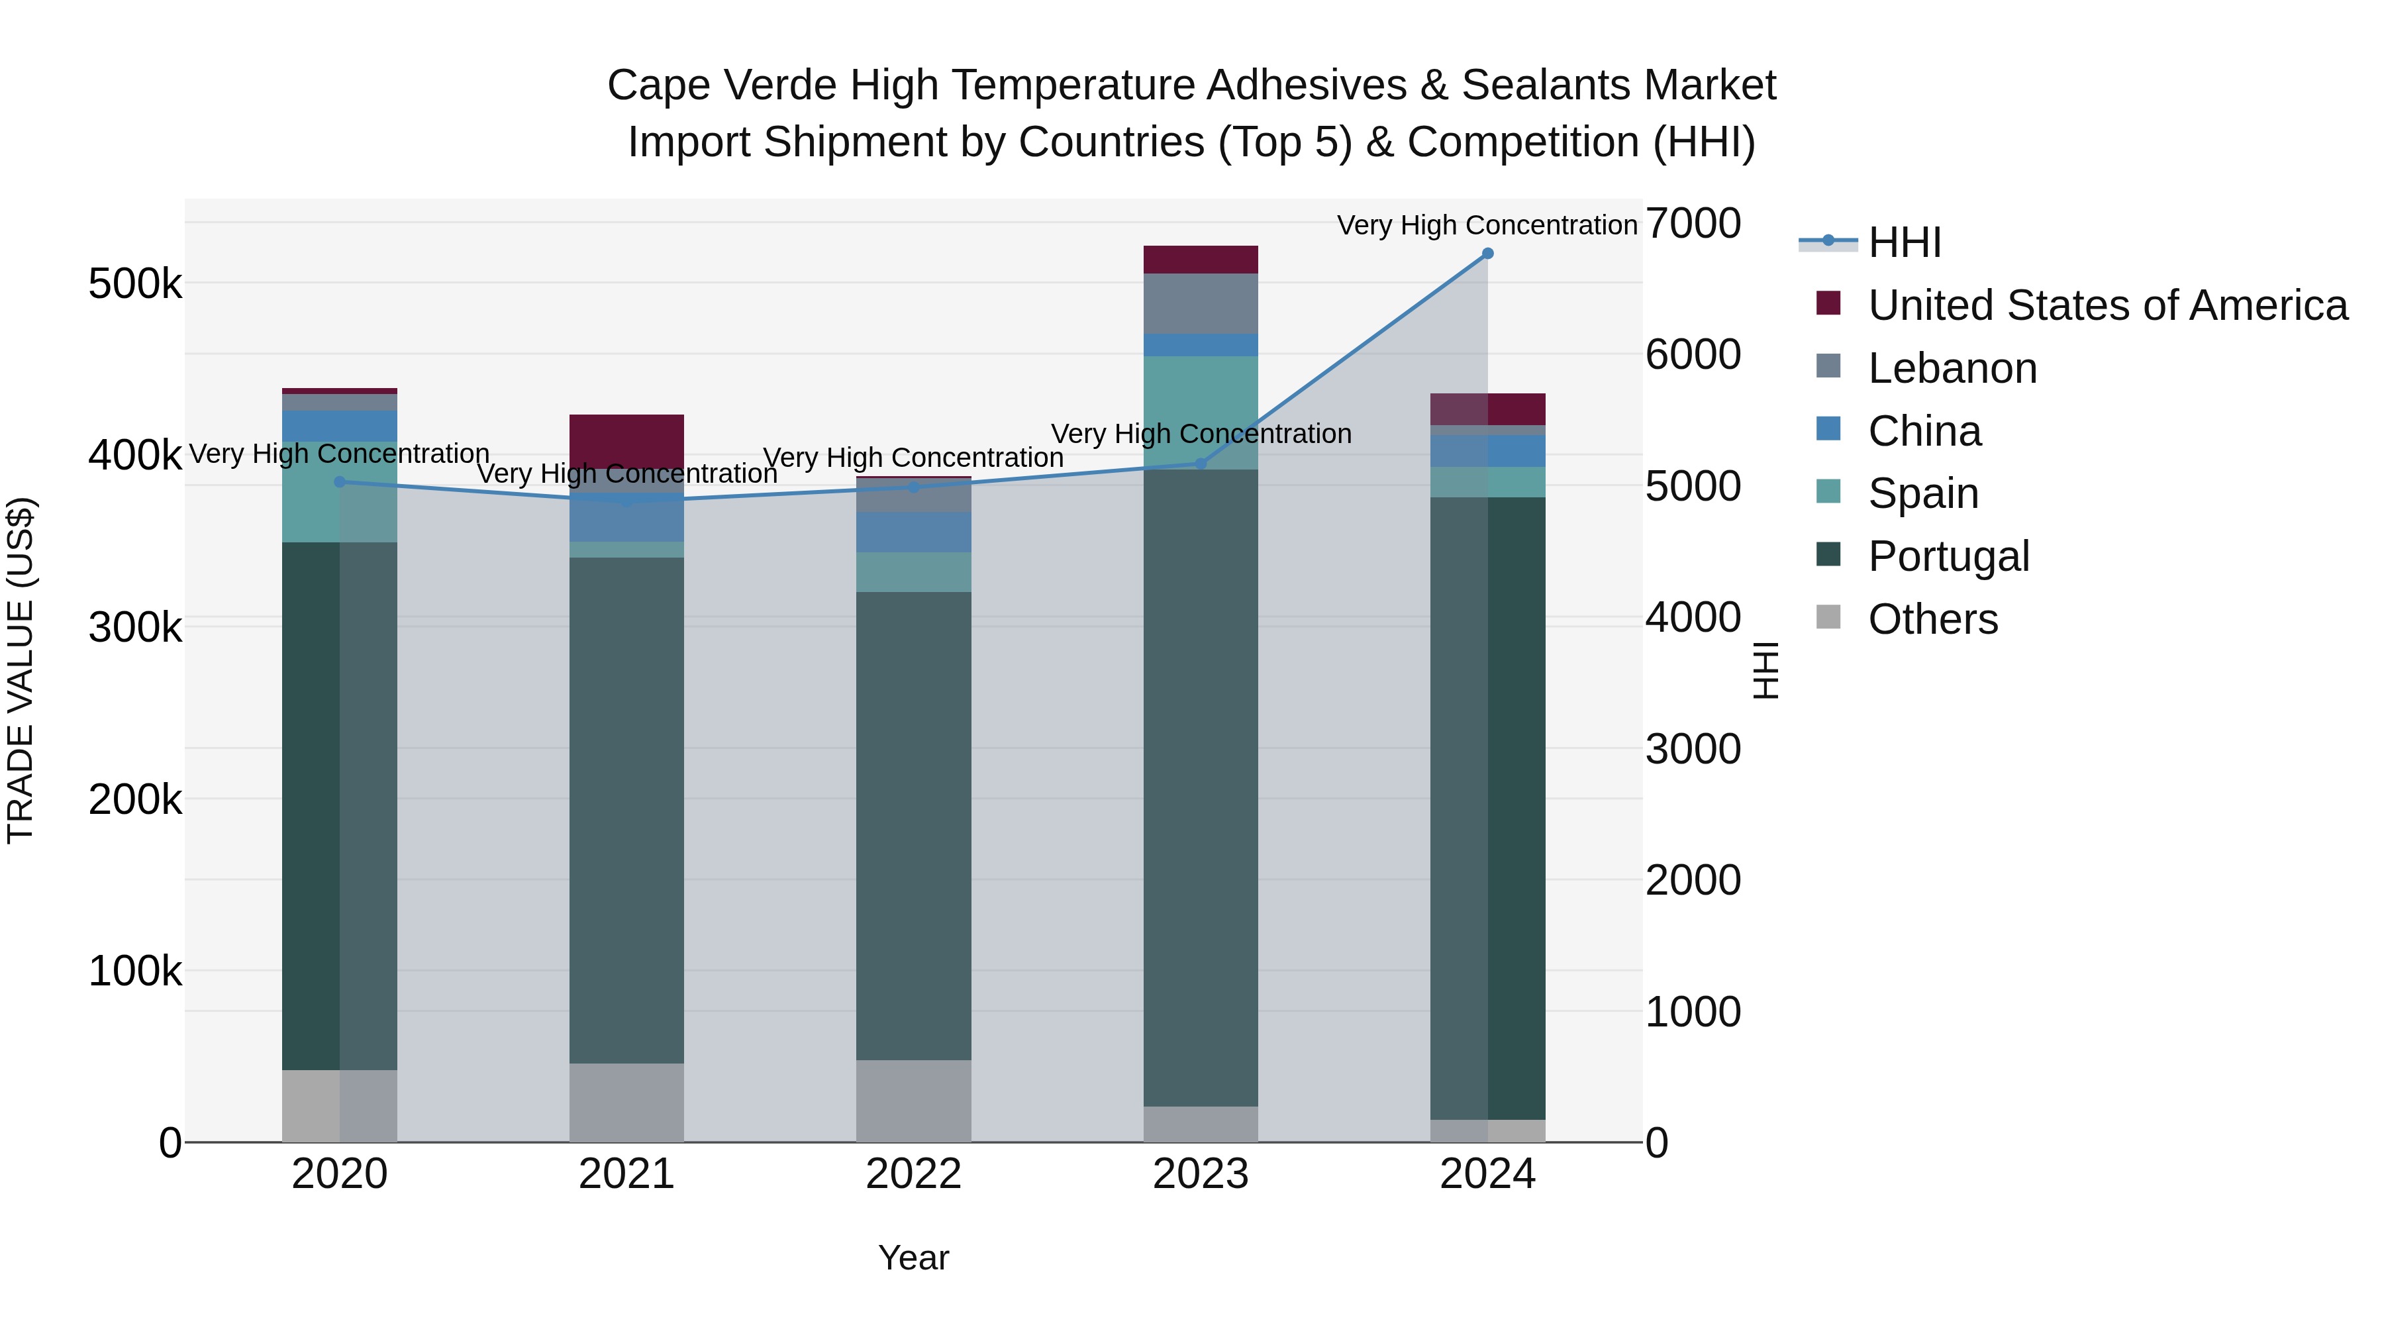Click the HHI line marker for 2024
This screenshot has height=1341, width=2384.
[1487, 254]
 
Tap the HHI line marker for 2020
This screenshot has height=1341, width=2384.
[340, 482]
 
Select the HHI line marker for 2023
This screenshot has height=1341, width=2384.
[1201, 464]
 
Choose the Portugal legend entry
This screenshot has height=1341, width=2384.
[1948, 556]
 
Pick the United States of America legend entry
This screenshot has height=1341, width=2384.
[2107, 305]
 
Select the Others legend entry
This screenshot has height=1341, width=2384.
[1932, 619]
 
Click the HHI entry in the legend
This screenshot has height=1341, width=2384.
[1904, 242]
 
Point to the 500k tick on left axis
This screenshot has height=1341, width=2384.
[135, 284]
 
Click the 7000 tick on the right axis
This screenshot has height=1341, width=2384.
[1693, 223]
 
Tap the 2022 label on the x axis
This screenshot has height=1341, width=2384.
[913, 1174]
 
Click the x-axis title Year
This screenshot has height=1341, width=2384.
[913, 1258]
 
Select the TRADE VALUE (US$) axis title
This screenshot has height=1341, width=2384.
[21, 670]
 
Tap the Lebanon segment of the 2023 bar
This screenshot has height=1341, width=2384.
[1201, 303]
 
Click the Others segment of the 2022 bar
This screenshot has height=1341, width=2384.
[913, 1101]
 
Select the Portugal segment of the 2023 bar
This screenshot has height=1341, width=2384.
[1201, 787]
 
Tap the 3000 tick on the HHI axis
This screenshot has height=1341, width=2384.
[1693, 749]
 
